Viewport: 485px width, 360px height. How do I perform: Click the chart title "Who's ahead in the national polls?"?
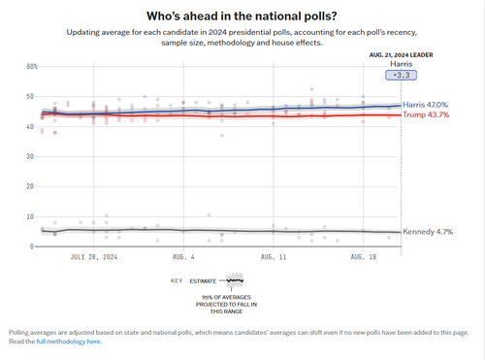click(242, 16)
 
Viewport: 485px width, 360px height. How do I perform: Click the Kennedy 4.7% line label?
click(429, 232)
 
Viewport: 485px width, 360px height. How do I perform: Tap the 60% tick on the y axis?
click(31, 66)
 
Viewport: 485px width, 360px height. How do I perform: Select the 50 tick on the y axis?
click(31, 96)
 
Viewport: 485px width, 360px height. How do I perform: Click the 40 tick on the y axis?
click(31, 126)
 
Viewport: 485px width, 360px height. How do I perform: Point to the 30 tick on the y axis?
click(31, 156)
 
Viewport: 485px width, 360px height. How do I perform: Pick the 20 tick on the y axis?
click(31, 186)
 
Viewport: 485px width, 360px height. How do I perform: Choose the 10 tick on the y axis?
click(31, 216)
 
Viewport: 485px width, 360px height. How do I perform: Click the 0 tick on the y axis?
click(33, 246)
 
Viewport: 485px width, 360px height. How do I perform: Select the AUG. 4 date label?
click(183, 258)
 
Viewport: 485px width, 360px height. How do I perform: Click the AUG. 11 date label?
click(274, 258)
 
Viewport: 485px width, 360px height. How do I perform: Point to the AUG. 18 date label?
click(364, 258)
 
